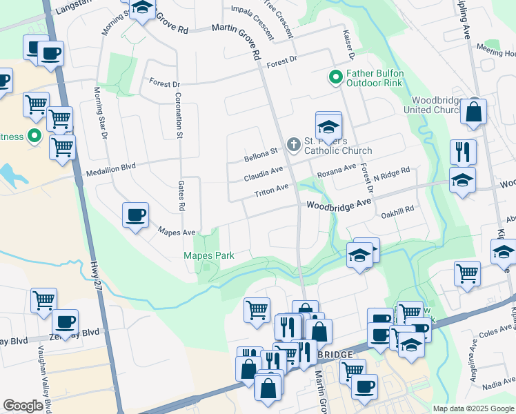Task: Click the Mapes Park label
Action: click(208, 255)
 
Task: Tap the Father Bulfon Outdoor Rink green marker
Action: click(336, 77)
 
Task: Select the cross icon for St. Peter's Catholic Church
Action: click(293, 145)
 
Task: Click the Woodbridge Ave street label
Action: click(339, 205)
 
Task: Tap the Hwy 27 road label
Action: click(97, 275)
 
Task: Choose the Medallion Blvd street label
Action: click(111, 167)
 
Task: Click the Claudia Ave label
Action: click(264, 174)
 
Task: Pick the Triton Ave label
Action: click(271, 191)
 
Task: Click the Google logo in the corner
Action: click(23, 406)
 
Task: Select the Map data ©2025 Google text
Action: click(473, 408)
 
